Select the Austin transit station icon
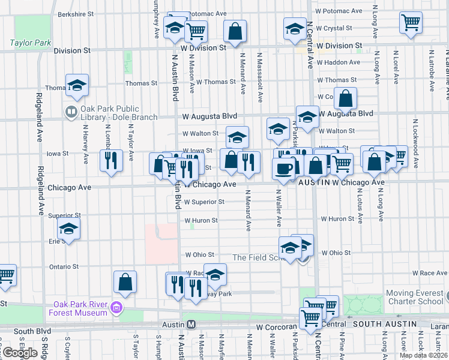(191, 324)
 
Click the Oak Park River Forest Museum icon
(116, 308)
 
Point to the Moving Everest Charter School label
(414, 297)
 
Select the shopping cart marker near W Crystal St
(411, 22)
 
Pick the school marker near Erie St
(68, 229)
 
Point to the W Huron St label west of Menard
(201, 220)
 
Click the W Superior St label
(205, 202)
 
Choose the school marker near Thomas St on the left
(77, 86)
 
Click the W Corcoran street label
(277, 328)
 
